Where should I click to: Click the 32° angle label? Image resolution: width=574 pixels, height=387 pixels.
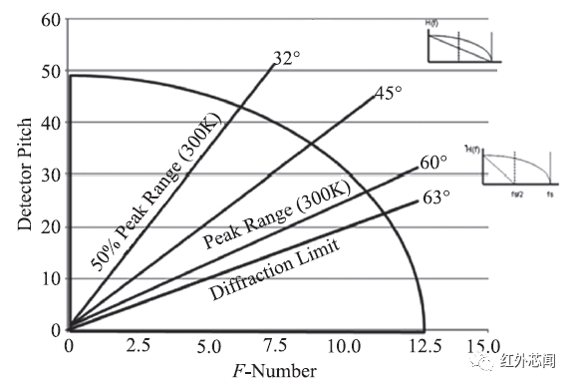(287, 59)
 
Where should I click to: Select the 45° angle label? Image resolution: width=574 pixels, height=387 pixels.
(387, 94)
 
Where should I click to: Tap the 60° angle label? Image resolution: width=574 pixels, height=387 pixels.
(433, 163)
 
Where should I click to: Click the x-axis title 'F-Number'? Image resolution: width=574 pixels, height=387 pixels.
(275, 371)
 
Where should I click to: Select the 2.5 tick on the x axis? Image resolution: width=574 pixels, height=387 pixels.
(138, 348)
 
